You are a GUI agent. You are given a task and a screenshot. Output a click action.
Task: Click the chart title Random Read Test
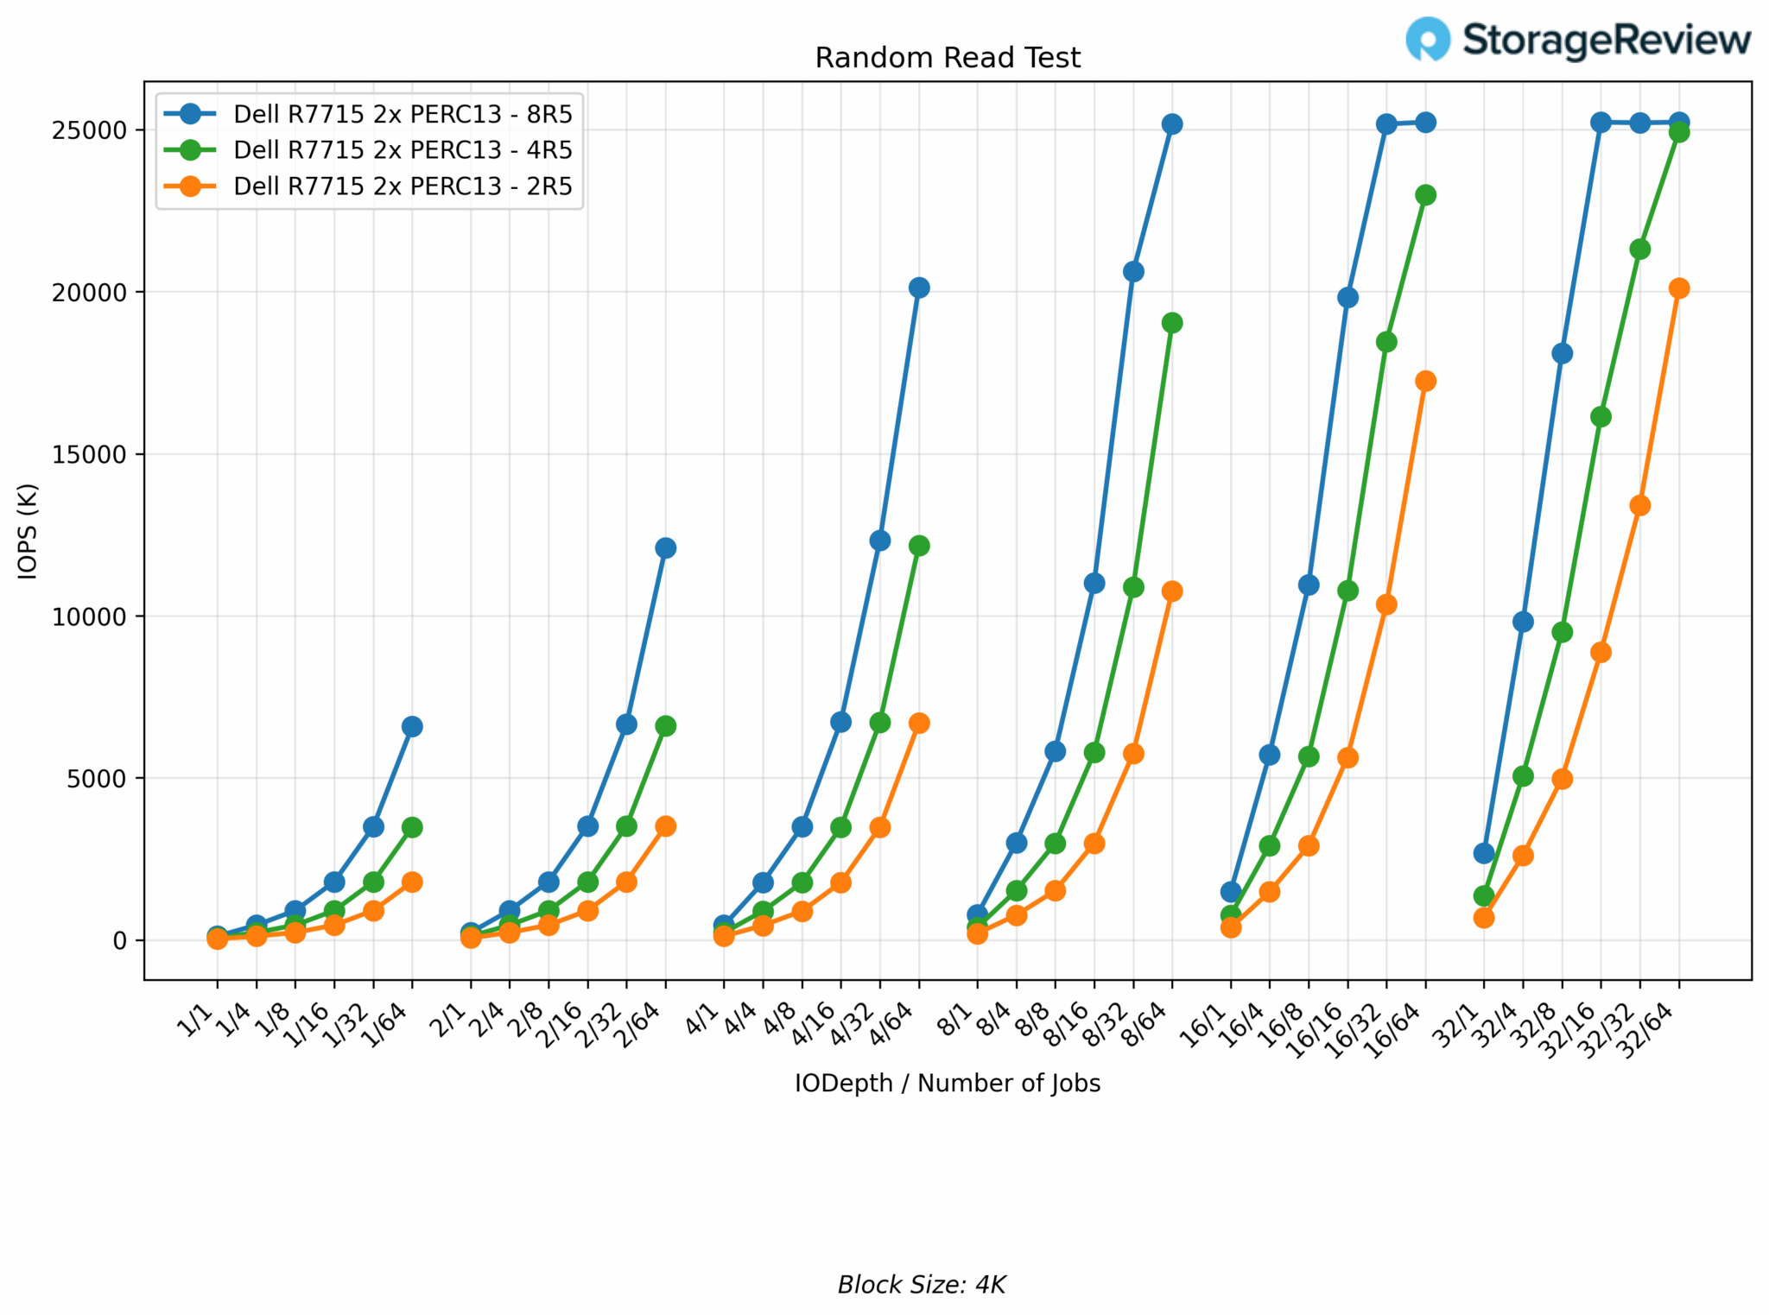(x=947, y=58)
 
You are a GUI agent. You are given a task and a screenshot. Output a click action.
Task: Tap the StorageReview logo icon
(x=1427, y=39)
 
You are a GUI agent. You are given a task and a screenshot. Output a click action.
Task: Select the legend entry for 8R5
(x=403, y=114)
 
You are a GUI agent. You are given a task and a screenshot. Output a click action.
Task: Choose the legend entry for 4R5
(x=403, y=150)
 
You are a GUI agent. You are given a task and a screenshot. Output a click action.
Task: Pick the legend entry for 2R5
(x=403, y=187)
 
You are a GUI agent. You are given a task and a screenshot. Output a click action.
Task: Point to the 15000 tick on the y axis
(x=89, y=454)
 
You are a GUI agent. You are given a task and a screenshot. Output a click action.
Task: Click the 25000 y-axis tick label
(x=89, y=130)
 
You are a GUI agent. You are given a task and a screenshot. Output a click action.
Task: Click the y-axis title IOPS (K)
(x=28, y=531)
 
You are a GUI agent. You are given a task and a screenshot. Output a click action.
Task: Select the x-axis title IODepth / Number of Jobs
(x=947, y=1084)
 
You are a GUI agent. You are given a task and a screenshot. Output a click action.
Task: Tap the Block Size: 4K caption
(x=921, y=1285)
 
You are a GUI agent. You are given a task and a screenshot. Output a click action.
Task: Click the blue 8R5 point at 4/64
(x=919, y=288)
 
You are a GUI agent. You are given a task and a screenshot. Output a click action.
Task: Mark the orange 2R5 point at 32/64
(x=1678, y=288)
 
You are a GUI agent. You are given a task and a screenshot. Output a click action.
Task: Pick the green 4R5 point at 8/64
(x=1172, y=323)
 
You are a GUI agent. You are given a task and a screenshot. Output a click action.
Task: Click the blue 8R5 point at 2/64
(x=665, y=547)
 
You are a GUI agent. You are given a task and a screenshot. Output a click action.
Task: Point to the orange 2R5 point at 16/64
(x=1425, y=381)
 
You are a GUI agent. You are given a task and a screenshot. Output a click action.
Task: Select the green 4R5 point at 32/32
(x=1639, y=250)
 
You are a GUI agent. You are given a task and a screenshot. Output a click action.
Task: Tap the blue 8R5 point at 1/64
(x=412, y=726)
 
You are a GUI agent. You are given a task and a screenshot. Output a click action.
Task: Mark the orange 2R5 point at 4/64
(x=919, y=723)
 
